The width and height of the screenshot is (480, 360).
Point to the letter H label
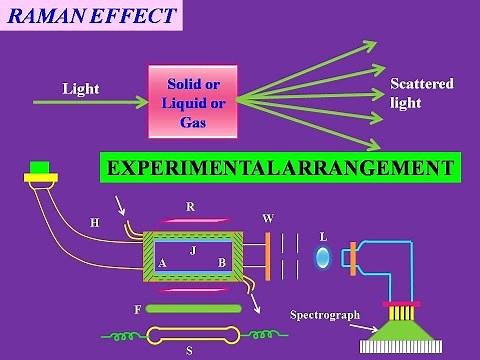click(x=95, y=223)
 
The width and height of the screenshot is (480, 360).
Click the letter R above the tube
click(x=191, y=207)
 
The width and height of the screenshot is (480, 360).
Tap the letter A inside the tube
click(x=161, y=263)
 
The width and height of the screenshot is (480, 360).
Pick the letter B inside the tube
click(x=223, y=263)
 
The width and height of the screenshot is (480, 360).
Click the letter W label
click(x=267, y=217)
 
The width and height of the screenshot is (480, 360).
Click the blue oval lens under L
click(x=322, y=258)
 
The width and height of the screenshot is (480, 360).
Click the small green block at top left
click(x=40, y=166)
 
